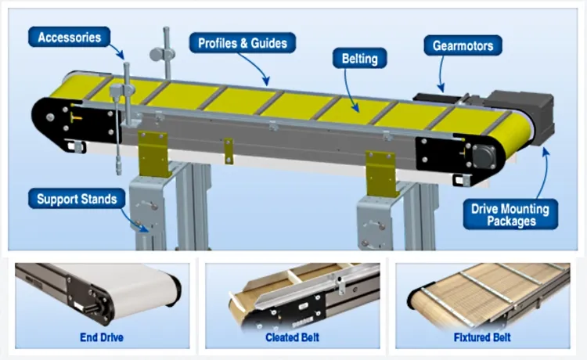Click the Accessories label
click(x=69, y=37)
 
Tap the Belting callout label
click(x=359, y=57)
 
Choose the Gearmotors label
click(x=463, y=45)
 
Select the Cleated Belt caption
click(x=293, y=338)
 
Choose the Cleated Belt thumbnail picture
click(x=293, y=293)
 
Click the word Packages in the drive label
click(x=510, y=221)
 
